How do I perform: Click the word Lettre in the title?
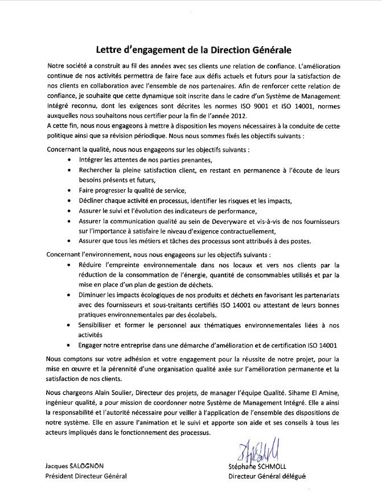110,50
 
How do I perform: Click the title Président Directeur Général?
85,477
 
